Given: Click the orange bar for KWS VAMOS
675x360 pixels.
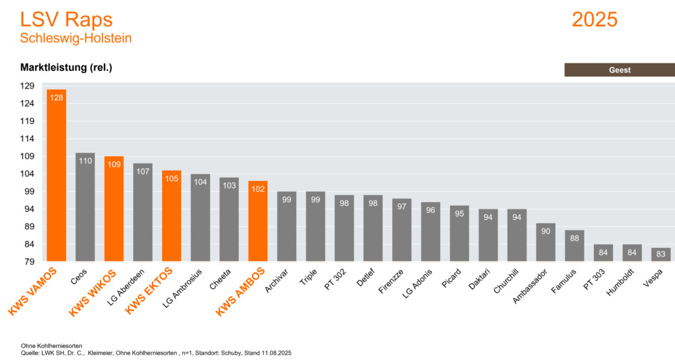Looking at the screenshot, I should click(x=56, y=176).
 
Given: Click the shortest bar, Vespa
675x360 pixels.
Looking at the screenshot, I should click(x=661, y=255).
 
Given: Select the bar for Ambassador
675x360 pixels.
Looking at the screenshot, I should click(x=545, y=242).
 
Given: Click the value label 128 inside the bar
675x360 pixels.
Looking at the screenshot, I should click(x=56, y=98).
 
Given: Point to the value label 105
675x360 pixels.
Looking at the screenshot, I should click(x=171, y=178).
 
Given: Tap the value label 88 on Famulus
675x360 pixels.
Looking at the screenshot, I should click(x=574, y=238).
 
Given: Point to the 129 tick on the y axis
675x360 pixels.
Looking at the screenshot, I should click(x=27, y=86).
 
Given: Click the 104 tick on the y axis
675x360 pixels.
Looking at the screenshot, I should click(x=27, y=174).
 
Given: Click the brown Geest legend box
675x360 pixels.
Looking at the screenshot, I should click(x=619, y=70).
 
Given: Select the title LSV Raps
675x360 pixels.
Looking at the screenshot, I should click(x=66, y=20).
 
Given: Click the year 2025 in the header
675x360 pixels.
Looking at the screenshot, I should click(x=594, y=20).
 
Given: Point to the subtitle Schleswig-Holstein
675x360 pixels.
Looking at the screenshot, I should click(x=76, y=38).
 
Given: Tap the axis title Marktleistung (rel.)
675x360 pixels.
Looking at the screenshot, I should click(x=65, y=68).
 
